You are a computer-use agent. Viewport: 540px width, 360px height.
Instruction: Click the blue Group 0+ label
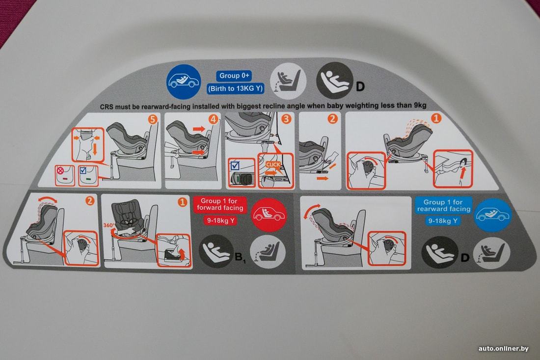(x=234, y=76)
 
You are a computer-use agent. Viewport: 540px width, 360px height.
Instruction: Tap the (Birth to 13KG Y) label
(x=236, y=88)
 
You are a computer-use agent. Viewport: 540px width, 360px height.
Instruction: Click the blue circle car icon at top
(x=184, y=82)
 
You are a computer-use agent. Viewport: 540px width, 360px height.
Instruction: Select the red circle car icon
(x=269, y=215)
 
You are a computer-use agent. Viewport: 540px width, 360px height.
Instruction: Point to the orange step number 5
(x=153, y=119)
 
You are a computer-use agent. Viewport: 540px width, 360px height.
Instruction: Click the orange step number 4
(x=214, y=119)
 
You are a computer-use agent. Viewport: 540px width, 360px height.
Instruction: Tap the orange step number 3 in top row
(x=286, y=119)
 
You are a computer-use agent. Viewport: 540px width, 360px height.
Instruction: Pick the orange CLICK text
(x=273, y=165)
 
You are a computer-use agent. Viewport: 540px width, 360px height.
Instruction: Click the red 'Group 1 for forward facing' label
(x=220, y=204)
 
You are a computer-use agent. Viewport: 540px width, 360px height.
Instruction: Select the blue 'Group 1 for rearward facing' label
(x=444, y=206)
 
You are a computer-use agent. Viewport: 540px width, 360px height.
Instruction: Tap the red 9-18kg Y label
(x=220, y=220)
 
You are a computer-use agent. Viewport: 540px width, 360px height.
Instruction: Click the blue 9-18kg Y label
(x=443, y=221)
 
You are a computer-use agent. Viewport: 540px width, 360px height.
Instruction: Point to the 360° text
(x=109, y=225)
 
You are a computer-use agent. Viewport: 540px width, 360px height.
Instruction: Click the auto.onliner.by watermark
(x=503, y=349)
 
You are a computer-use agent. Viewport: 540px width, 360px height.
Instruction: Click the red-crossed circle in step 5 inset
(x=61, y=170)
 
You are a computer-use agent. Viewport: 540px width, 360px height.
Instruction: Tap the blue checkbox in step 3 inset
(x=235, y=166)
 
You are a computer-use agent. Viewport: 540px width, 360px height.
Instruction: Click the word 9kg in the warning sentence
(x=419, y=106)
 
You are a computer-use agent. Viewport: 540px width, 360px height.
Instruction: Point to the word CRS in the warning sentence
(x=107, y=107)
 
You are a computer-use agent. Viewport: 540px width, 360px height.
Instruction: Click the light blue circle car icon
(x=493, y=215)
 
